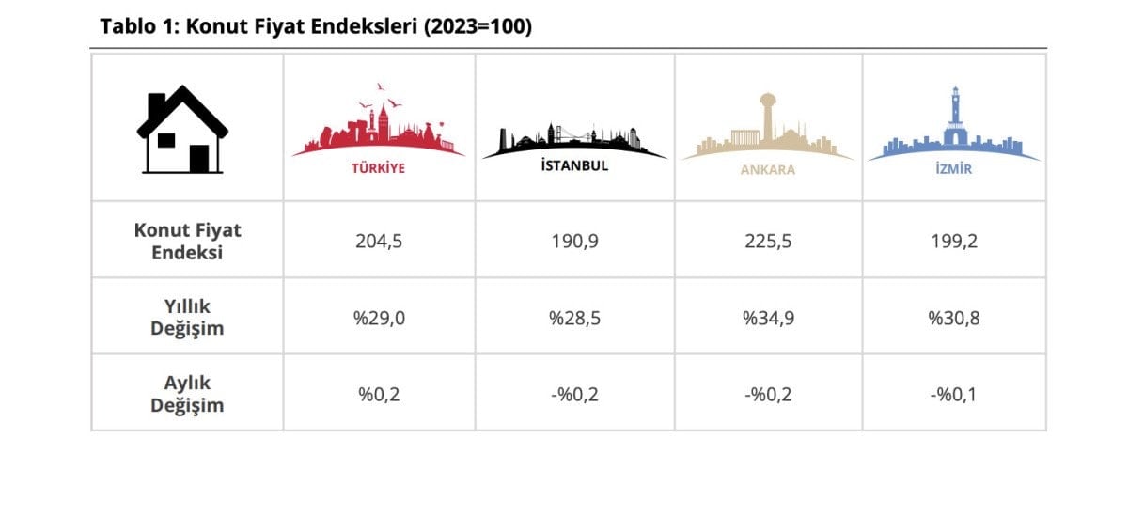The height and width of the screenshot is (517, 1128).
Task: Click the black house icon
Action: [x=181, y=130]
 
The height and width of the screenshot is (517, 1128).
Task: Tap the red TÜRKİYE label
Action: [x=378, y=169]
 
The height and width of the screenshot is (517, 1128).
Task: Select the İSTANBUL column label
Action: [x=573, y=165]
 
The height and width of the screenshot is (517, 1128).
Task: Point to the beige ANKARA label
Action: [x=767, y=170]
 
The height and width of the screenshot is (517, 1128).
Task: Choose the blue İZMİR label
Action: [x=953, y=169]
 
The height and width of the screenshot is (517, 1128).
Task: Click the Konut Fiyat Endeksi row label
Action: [x=187, y=241]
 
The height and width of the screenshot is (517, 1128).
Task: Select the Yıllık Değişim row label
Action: [x=187, y=317]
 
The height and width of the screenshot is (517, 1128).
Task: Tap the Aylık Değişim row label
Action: [x=187, y=394]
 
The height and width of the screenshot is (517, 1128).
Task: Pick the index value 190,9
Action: [x=574, y=241]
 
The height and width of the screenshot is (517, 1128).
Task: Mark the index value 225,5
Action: [x=767, y=241]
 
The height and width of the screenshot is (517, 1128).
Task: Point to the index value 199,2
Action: [x=954, y=241]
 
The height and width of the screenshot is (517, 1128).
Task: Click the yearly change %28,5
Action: [x=574, y=318]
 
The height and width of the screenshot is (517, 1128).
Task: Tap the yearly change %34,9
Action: [x=767, y=318]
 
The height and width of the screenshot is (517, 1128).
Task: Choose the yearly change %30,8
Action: [x=954, y=318]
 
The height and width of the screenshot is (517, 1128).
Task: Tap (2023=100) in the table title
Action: [x=478, y=28]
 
